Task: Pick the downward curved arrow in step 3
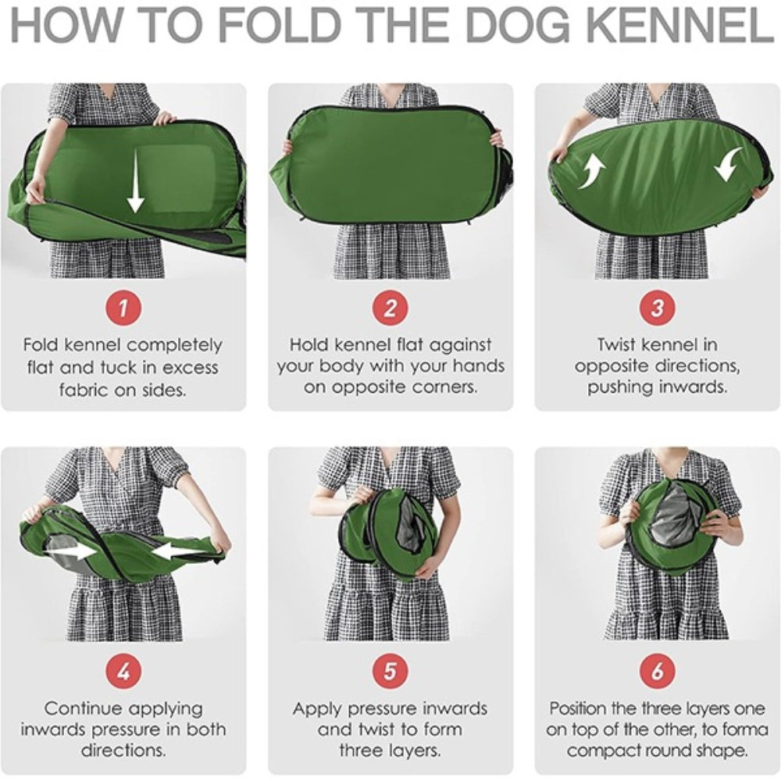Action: coord(728,164)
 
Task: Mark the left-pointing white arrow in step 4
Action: coord(178,551)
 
